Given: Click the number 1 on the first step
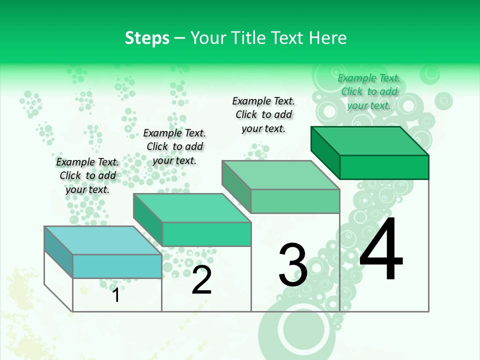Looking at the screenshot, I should point(116,295).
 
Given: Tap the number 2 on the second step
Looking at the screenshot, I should point(201,279).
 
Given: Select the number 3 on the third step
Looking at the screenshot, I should point(292,265).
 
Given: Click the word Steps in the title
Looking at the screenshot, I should point(147,38).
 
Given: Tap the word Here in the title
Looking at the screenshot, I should point(328,38).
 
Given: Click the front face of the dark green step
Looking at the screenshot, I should point(384,167).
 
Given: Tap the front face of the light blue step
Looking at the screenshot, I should point(117,266).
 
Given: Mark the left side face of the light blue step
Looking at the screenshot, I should point(58,252).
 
